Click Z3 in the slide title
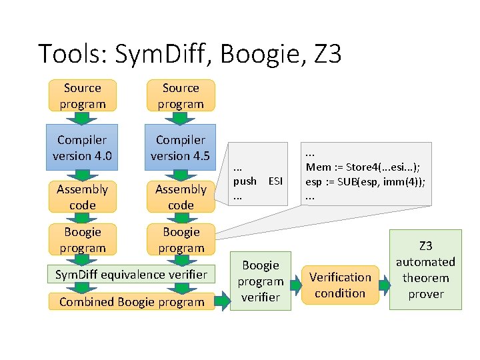(x=327, y=53)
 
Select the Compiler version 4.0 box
(x=83, y=148)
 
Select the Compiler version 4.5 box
(x=181, y=148)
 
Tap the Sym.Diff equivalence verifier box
(x=131, y=274)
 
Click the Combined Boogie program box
(x=131, y=302)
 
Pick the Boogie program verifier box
(x=261, y=281)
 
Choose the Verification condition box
(x=340, y=285)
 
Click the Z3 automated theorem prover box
(x=425, y=269)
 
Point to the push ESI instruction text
(x=257, y=181)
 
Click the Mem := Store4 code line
(x=365, y=167)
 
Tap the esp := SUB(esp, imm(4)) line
(x=365, y=181)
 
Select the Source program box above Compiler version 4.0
(x=83, y=96)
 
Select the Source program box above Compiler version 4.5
(x=181, y=96)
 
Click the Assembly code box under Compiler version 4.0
(x=83, y=197)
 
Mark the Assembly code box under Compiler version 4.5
(x=181, y=197)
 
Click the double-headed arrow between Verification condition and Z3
(x=384, y=285)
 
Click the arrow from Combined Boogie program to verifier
(x=223, y=302)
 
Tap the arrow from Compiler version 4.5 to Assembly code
(x=181, y=173)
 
